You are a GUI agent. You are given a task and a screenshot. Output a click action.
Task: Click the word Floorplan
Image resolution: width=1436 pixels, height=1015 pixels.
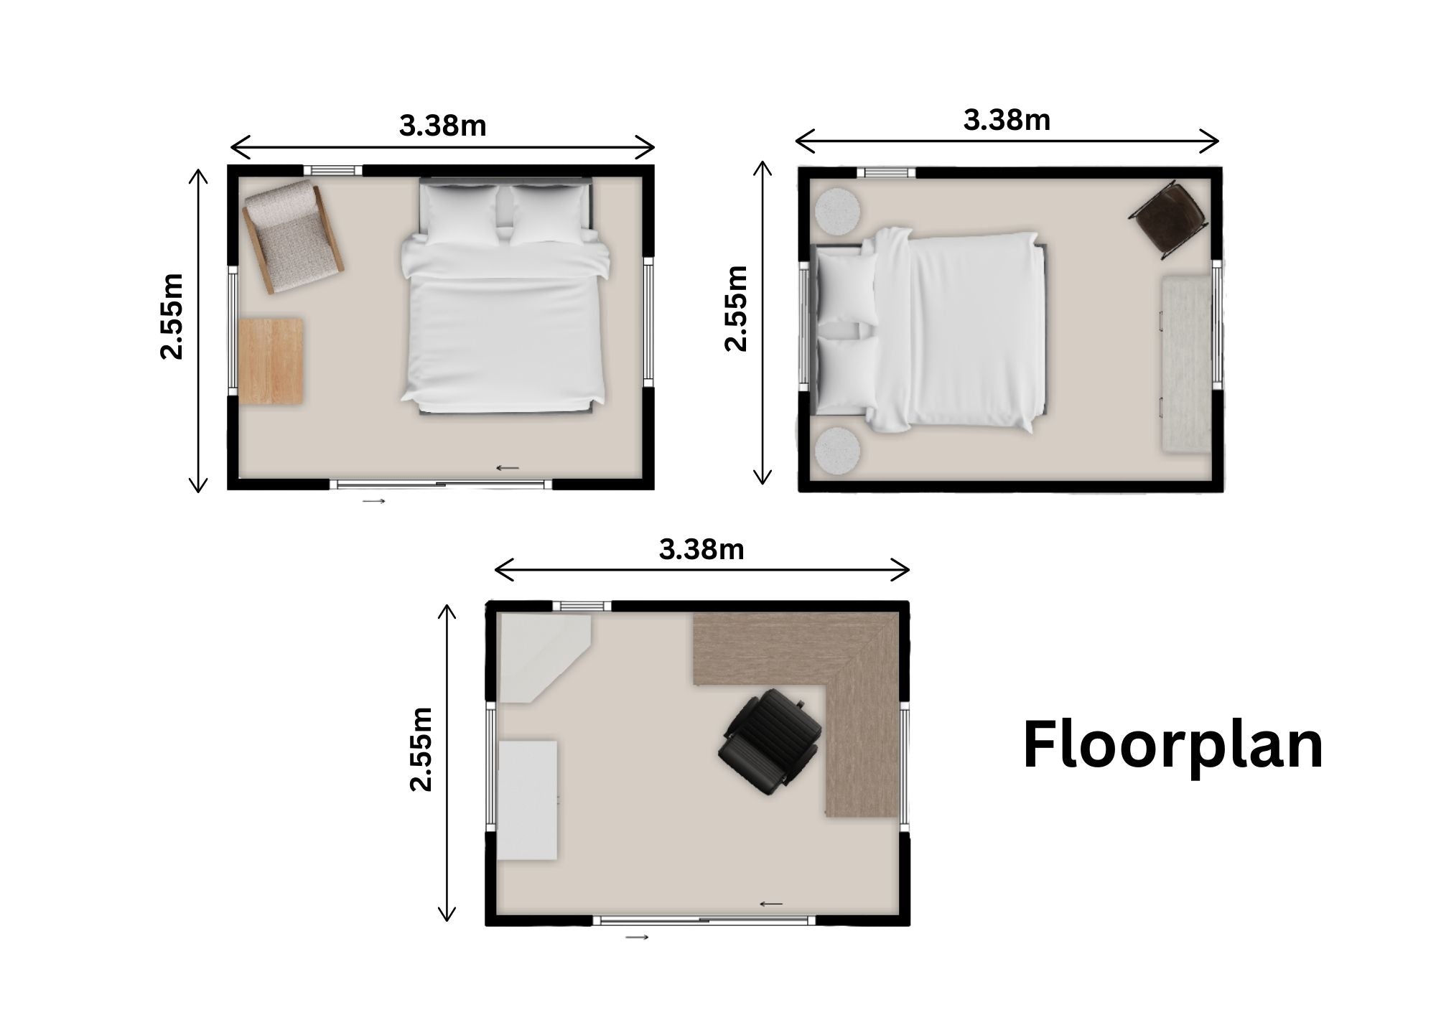1172,747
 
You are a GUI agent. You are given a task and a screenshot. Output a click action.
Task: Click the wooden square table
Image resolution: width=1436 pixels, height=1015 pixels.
271,361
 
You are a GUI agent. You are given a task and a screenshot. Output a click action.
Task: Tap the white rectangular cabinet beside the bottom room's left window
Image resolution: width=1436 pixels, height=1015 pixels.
528,800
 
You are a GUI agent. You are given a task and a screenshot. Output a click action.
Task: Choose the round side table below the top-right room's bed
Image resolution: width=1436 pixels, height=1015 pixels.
838,451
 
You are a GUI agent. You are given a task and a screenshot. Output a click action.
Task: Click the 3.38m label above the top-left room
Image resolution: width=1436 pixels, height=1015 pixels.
443,126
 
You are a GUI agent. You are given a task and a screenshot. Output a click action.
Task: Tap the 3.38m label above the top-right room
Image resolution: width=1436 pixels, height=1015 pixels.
1007,120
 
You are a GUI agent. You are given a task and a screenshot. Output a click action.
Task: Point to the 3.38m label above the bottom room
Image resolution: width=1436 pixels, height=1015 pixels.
701,550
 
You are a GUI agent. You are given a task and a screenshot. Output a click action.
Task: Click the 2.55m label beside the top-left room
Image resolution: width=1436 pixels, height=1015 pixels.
172,316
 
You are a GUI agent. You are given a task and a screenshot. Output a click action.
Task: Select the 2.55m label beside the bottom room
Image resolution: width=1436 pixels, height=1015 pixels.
421,749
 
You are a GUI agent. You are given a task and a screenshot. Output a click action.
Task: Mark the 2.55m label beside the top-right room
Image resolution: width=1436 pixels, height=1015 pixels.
737,308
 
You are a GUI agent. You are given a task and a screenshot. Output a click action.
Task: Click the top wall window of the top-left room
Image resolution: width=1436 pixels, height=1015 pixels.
332,170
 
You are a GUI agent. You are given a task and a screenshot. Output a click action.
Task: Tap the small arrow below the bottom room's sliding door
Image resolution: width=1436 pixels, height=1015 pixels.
636,937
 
